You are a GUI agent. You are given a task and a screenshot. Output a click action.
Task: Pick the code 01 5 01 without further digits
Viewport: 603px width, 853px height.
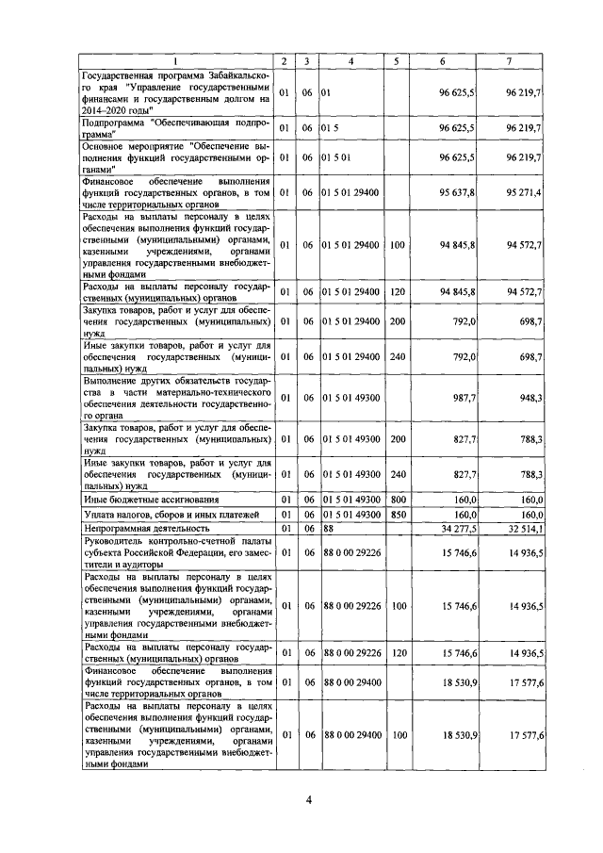336,157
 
